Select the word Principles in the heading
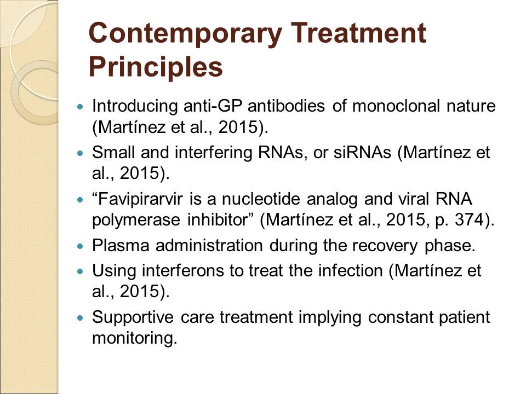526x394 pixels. point(156,67)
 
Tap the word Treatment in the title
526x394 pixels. point(358,33)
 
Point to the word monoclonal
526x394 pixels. point(396,106)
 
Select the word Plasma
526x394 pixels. point(121,245)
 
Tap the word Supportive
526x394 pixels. point(133,317)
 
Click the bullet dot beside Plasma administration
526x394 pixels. point(79,246)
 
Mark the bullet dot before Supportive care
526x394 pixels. point(79,318)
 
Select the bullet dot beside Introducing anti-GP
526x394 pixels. point(79,107)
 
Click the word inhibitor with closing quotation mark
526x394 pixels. point(220,220)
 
